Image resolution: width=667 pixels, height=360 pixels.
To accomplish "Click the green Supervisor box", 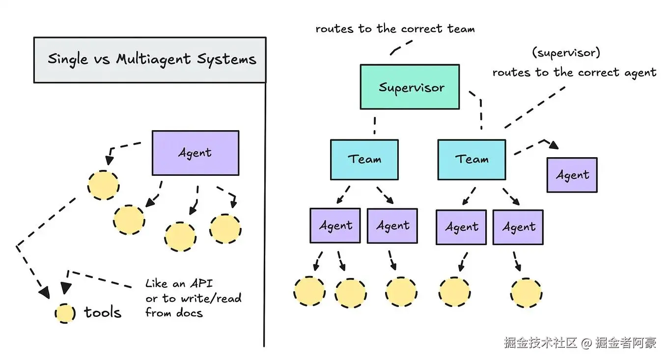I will click(410, 87).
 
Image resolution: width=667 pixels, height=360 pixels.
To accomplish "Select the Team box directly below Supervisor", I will click(364, 159).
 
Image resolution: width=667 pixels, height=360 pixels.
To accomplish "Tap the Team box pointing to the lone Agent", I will click(471, 159).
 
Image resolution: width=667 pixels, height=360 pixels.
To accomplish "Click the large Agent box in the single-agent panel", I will click(195, 153).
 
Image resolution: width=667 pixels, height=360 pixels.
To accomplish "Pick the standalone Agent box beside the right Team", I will click(572, 175).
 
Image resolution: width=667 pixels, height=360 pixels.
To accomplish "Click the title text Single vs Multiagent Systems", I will click(151, 59).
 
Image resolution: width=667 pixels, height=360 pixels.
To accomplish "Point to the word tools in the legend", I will click(103, 312).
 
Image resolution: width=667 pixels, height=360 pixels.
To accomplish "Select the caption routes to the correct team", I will click(394, 29).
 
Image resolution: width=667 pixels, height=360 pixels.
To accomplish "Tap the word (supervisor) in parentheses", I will click(566, 52).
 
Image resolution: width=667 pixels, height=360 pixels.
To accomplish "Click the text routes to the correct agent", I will click(574, 73).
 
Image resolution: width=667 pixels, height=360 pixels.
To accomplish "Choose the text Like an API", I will click(179, 284).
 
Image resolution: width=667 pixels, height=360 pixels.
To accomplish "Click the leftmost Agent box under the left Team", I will click(335, 226).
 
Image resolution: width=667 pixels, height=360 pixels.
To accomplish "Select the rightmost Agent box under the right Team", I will click(518, 227).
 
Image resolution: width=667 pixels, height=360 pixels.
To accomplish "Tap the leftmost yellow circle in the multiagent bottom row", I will click(309, 291).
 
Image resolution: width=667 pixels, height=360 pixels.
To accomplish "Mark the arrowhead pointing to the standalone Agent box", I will click(554, 145).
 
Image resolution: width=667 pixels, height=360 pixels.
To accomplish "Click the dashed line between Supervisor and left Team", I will click(374, 125).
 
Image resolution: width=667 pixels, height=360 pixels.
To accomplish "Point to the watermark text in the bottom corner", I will click(580, 343).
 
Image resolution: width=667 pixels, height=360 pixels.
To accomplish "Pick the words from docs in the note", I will click(174, 313).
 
